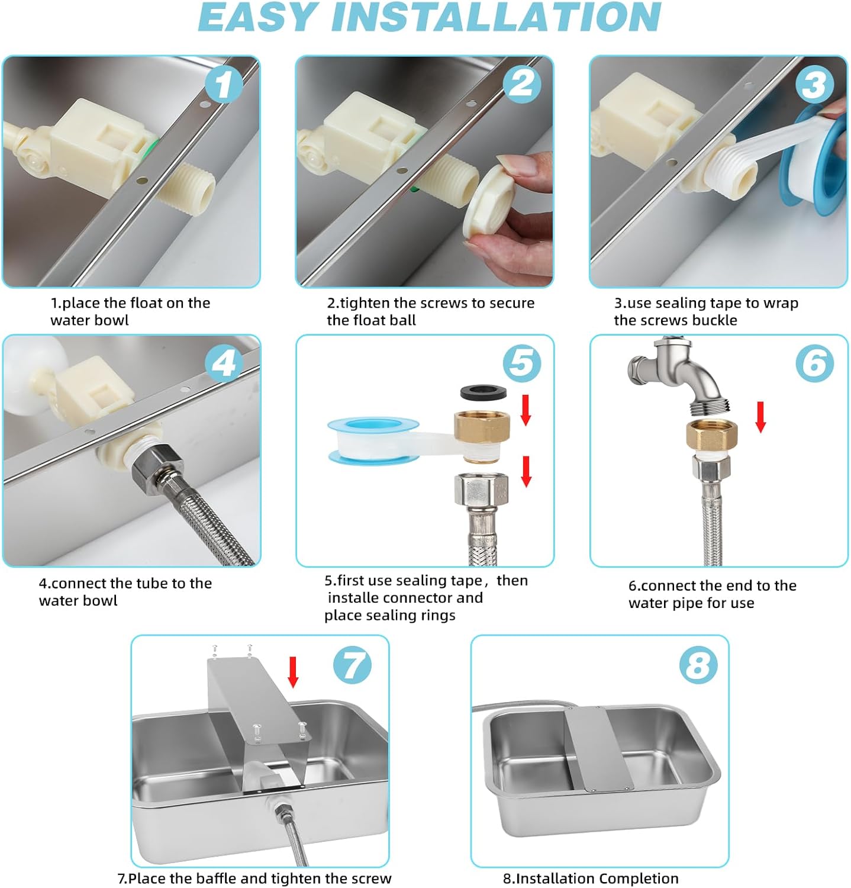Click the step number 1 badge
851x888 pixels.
[x=223, y=83]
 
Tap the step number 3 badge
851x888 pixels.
[x=814, y=83]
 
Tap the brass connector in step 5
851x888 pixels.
[x=481, y=435]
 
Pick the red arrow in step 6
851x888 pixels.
[x=761, y=417]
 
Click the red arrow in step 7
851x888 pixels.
[x=293, y=672]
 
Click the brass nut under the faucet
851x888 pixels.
[x=708, y=435]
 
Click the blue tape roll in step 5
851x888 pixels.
[x=374, y=440]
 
